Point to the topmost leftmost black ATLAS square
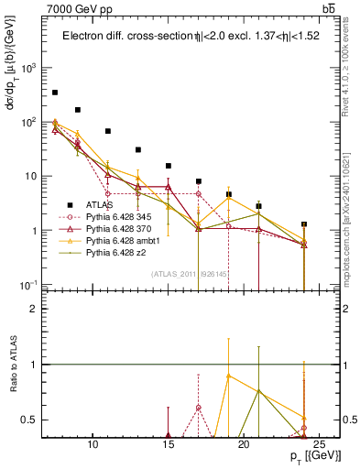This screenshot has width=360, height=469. pyautogui.click(x=55, y=93)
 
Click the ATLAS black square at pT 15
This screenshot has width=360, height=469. pyautogui.click(x=169, y=166)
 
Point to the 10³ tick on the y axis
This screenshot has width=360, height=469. pyautogui.click(x=28, y=68)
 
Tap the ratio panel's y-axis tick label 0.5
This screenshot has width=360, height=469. pyautogui.click(x=28, y=420)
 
